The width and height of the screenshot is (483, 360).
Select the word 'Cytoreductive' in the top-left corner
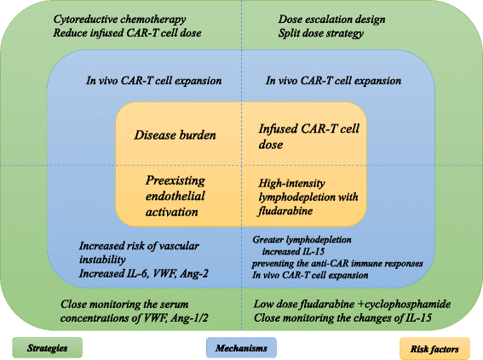click(85, 20)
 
